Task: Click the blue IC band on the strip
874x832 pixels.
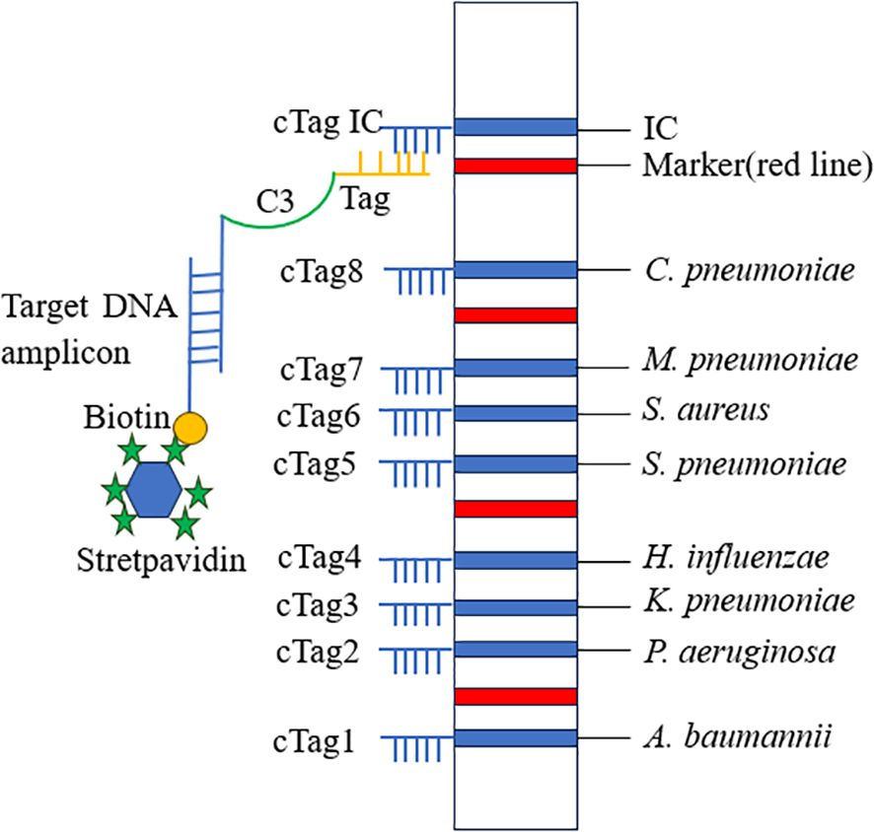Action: [x=515, y=126]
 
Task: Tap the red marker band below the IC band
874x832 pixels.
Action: [x=515, y=166]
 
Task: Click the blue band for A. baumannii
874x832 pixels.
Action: [x=515, y=737]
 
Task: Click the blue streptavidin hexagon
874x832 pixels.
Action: [x=155, y=490]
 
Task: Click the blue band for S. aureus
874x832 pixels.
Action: [x=515, y=412]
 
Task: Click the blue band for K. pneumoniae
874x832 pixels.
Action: [x=515, y=606]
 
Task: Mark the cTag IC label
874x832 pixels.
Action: [x=321, y=125]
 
